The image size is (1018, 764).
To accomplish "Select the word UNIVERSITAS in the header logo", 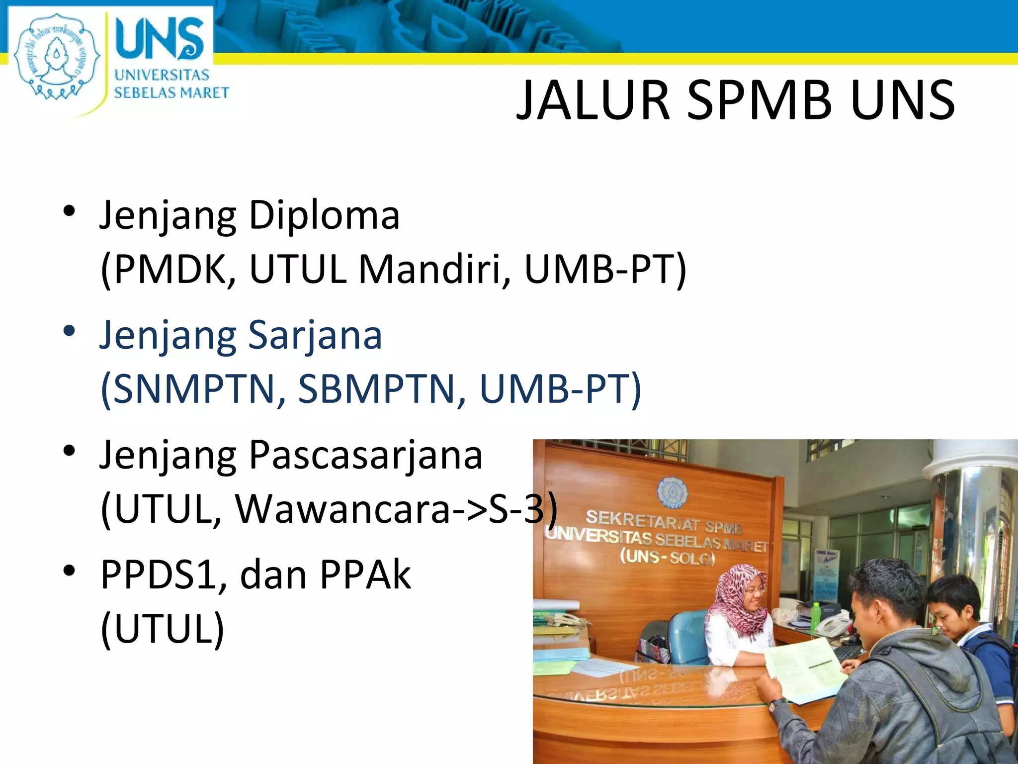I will (162, 75).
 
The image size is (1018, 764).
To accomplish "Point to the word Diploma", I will (324, 216).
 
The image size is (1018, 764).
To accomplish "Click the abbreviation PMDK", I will (169, 269).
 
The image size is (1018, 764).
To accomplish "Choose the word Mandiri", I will (434, 269).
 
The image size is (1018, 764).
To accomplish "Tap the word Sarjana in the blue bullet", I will (315, 335).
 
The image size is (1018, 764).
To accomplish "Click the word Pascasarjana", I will (365, 455).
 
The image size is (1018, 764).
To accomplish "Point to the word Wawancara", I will (343, 509).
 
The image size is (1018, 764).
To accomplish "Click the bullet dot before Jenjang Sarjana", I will (69, 331).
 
